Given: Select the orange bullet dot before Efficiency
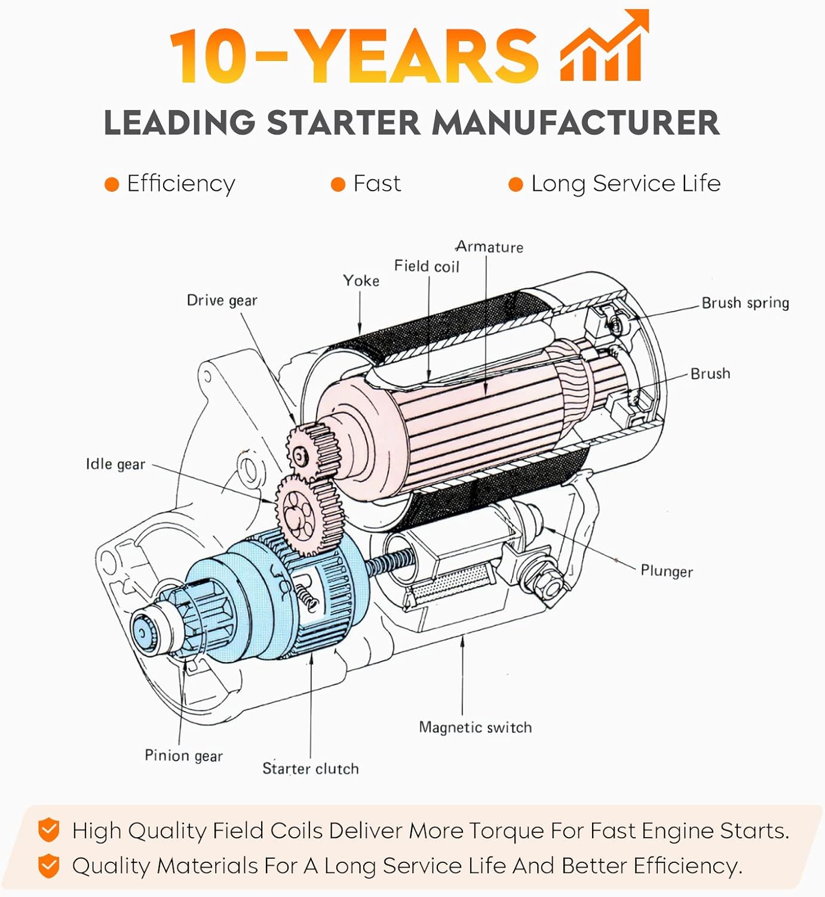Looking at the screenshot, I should tap(112, 184).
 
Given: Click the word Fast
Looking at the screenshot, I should tap(376, 184).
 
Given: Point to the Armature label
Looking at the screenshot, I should tap(489, 247).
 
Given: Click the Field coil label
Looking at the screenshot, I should tap(427, 266).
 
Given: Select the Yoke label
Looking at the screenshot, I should tap(361, 280).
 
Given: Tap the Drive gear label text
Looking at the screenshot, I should tap(222, 300).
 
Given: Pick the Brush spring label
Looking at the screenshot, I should tap(745, 303).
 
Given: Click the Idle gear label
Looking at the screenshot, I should tap(115, 464).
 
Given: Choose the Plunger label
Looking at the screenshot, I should tap(667, 570).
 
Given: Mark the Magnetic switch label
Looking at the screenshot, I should tap(475, 727).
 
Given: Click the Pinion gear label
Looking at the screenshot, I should tap(183, 755).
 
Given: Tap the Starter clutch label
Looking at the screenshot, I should tap(310, 768).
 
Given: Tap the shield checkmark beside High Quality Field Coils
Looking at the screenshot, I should tap(48, 831).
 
